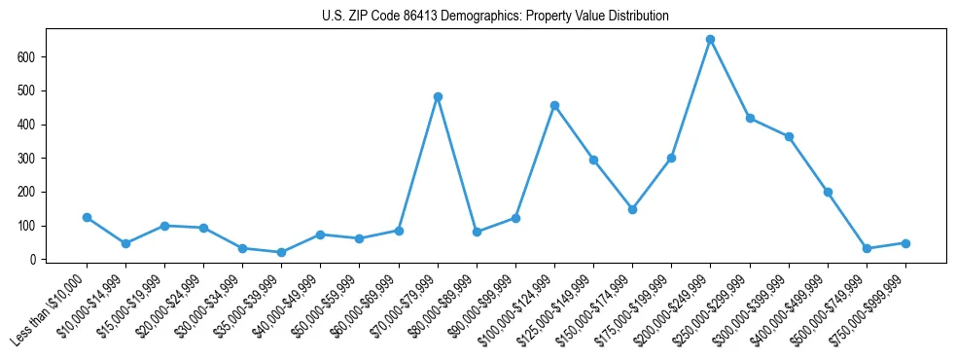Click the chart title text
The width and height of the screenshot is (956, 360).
click(495, 17)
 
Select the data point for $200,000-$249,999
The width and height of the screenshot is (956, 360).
click(710, 40)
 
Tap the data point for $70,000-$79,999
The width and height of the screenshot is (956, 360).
click(438, 96)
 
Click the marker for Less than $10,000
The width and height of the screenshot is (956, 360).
click(87, 217)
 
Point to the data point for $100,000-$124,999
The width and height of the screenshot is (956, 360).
click(554, 105)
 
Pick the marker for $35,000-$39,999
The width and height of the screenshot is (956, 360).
click(281, 252)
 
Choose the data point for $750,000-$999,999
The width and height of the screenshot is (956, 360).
click(905, 243)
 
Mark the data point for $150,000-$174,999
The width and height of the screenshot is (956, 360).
click(632, 209)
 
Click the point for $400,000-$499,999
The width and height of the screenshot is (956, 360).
click(828, 192)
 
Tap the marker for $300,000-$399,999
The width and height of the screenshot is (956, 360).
click(789, 136)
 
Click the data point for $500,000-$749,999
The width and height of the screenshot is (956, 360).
click(867, 248)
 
